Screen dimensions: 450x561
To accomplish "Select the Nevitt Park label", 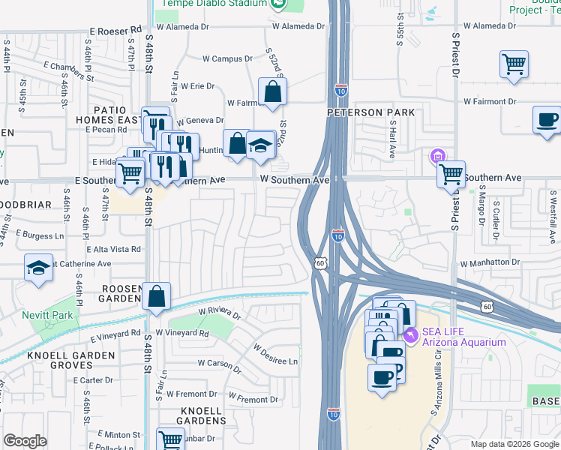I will (x=47, y=315).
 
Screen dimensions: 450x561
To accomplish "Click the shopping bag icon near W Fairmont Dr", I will (x=272, y=92).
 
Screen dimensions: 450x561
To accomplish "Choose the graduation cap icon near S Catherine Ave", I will (x=37, y=268).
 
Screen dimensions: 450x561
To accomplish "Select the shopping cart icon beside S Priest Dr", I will (x=451, y=174).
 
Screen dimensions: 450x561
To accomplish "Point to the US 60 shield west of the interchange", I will (x=320, y=262).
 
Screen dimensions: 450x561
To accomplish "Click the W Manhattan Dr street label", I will (x=490, y=264).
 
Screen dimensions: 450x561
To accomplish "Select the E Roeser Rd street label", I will (x=115, y=31).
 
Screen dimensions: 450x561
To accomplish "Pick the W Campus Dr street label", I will (x=228, y=58).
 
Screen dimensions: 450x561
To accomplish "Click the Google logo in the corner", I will (x=25, y=441).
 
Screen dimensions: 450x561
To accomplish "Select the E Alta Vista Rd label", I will (x=114, y=249).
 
